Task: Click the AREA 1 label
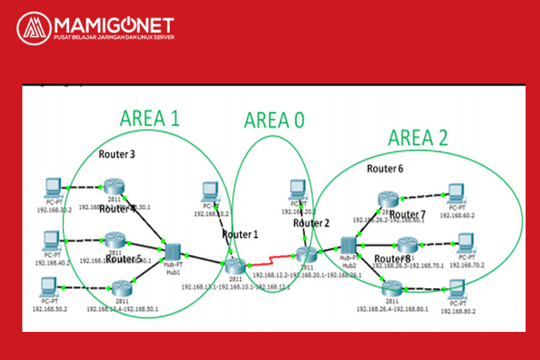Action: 150,118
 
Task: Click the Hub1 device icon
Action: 173,251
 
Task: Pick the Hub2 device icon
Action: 350,245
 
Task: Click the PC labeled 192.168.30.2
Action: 53,188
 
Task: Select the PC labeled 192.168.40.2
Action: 52,239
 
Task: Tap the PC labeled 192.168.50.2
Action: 49,286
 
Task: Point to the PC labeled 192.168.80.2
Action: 457,288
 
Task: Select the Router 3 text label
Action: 116,154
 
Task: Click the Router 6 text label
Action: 385,169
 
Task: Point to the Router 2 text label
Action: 311,223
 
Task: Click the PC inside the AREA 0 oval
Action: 297,189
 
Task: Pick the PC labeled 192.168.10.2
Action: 210,190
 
